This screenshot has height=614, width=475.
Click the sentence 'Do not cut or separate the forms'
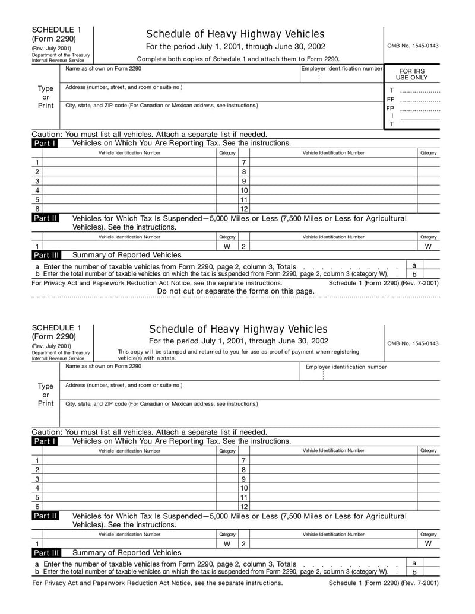(236, 291)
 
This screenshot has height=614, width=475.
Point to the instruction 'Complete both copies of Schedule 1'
(238, 59)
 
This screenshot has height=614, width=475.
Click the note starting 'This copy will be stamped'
(238, 355)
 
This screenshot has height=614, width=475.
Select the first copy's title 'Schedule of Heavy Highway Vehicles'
(235, 34)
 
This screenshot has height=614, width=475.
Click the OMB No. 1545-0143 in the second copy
(413, 343)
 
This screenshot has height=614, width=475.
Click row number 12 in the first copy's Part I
(243, 209)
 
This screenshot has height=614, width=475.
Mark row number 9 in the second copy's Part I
(243, 479)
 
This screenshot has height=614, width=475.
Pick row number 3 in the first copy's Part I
(37, 181)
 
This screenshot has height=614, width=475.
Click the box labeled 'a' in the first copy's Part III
(414, 265)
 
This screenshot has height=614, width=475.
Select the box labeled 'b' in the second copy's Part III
(414, 572)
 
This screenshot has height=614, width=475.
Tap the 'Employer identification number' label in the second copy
(346, 367)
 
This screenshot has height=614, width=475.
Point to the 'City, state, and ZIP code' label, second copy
(161, 404)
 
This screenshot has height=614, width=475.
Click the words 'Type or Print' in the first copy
(46, 97)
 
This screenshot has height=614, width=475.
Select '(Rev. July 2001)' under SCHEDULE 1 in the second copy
(52, 346)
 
